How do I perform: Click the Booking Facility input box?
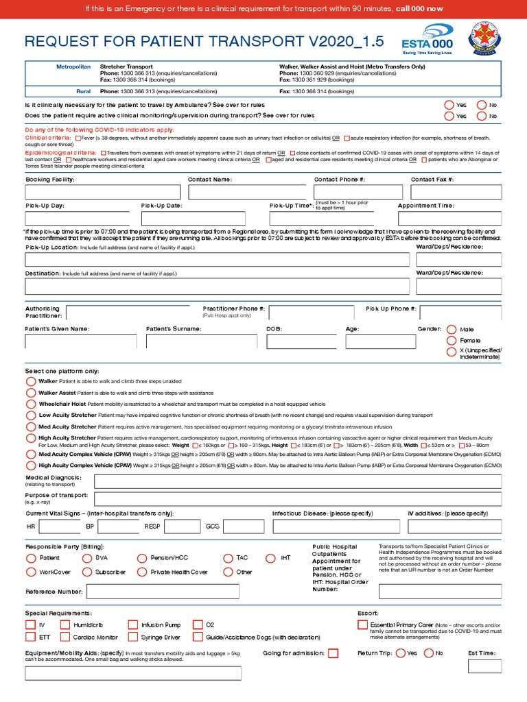tap(102, 192)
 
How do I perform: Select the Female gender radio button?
tap(451, 341)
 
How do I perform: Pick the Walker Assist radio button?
tap(31, 393)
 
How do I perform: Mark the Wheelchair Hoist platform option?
tap(31, 404)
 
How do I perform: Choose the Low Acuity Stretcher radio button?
tap(31, 415)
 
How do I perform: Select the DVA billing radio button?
tap(86, 559)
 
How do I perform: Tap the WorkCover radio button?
tap(31, 572)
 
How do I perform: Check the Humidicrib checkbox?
tap(65, 625)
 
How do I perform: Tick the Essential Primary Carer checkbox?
tap(362, 625)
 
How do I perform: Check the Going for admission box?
tap(333, 653)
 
